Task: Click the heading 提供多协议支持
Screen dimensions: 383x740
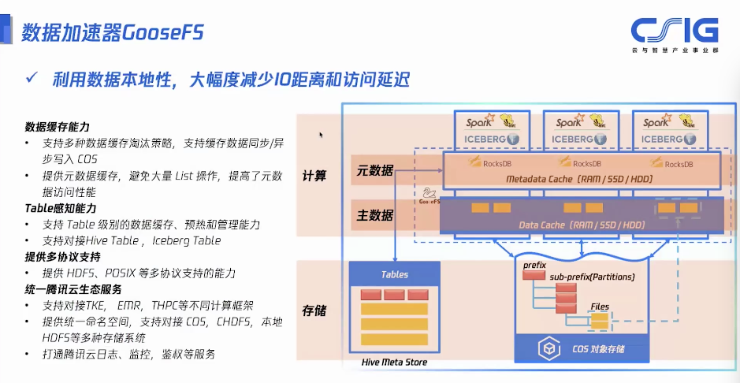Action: pyautogui.click(x=62, y=257)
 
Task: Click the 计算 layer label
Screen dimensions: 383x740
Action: pyautogui.click(x=314, y=176)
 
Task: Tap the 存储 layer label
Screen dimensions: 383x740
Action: pyautogui.click(x=314, y=310)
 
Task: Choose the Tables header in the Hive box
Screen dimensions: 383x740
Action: pyautogui.click(x=394, y=274)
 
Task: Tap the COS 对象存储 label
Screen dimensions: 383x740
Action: pyautogui.click(x=600, y=348)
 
